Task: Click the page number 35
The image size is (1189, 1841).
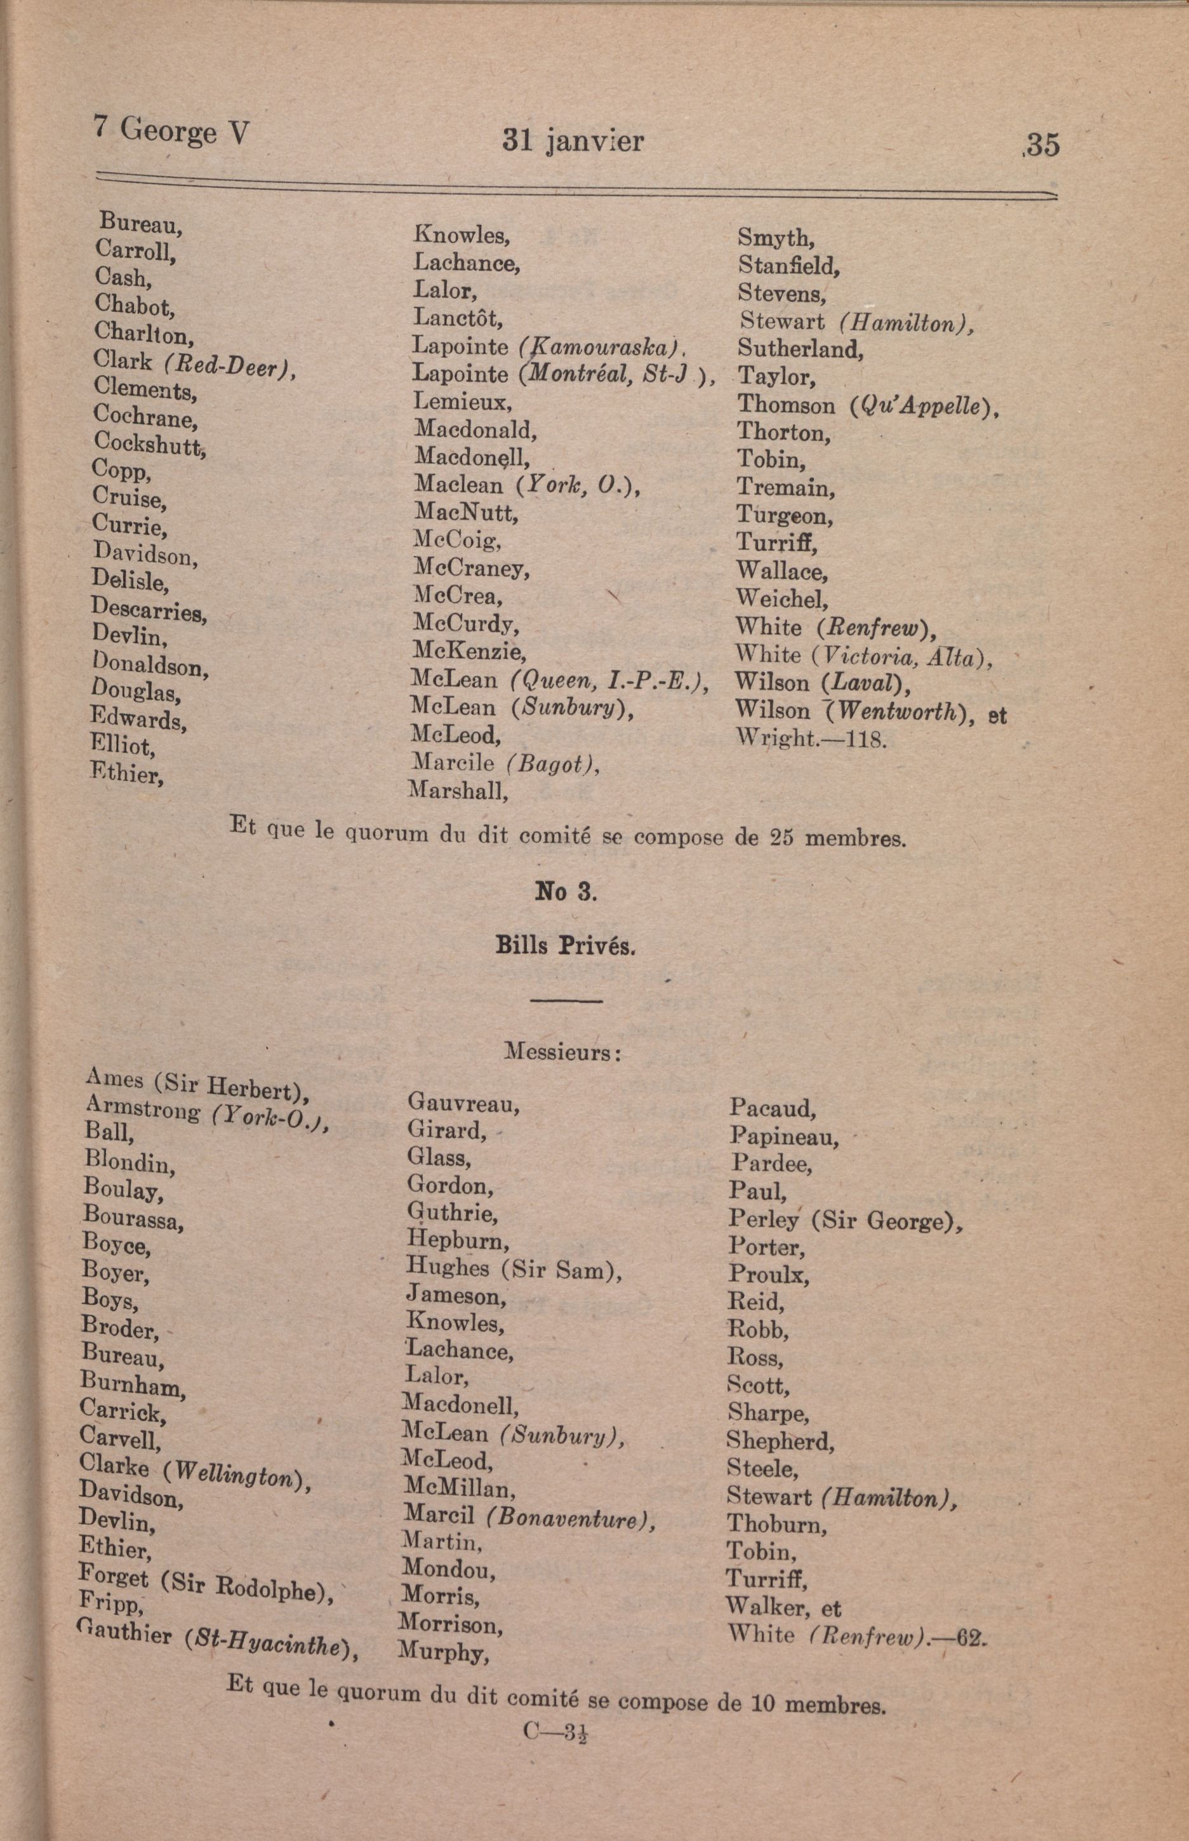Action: pos(1042,144)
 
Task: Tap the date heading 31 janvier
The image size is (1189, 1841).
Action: pos(572,140)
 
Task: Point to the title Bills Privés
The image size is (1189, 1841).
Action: pos(565,947)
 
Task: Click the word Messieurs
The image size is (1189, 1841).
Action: pos(562,1051)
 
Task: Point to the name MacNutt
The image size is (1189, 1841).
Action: pos(465,511)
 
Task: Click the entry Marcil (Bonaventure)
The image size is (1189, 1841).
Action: pos(529,1517)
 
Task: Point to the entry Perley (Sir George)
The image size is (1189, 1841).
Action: pos(846,1220)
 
